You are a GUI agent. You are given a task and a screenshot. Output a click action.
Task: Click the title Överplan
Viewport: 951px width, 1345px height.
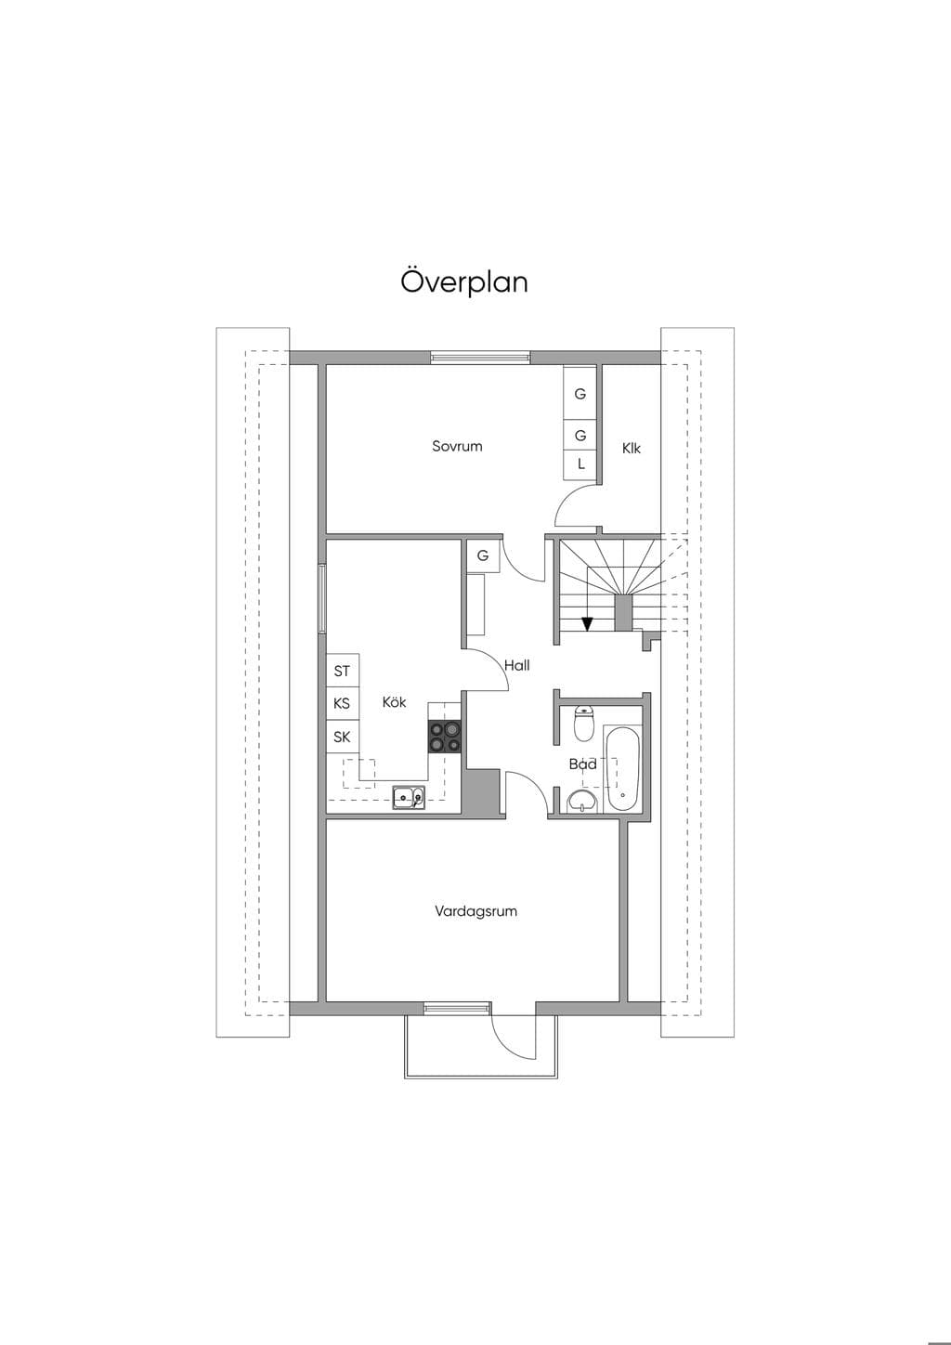pos(464,281)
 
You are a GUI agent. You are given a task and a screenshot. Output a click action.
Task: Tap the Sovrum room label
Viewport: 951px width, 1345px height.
pos(457,446)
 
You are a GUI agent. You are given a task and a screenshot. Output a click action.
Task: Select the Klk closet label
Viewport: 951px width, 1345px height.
pos(631,448)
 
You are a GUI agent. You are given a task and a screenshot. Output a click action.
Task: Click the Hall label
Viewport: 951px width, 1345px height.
pos(517,665)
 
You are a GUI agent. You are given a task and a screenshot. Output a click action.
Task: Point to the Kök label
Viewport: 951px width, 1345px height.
pos(395,702)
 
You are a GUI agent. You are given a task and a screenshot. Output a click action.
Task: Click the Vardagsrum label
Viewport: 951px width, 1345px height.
pos(476,911)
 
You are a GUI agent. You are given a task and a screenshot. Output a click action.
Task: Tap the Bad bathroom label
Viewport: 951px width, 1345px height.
pos(583,764)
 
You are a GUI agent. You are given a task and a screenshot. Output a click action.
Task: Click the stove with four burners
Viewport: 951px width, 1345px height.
pos(444,737)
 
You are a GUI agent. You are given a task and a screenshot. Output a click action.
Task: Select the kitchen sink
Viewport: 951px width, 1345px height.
pos(409,797)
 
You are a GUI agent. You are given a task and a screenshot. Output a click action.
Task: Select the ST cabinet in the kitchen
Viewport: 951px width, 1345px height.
pos(342,670)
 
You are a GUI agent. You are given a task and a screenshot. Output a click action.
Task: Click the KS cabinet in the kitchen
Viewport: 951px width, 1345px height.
pos(342,703)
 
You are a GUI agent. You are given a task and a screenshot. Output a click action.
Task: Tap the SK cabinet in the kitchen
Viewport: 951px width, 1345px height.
pos(342,737)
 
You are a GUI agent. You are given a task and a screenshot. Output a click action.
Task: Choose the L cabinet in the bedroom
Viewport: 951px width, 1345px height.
pos(580,464)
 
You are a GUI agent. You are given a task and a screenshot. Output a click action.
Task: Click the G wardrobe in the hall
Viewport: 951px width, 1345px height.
pos(483,556)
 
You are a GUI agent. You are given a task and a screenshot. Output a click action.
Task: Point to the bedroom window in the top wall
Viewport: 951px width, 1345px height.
pos(480,358)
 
